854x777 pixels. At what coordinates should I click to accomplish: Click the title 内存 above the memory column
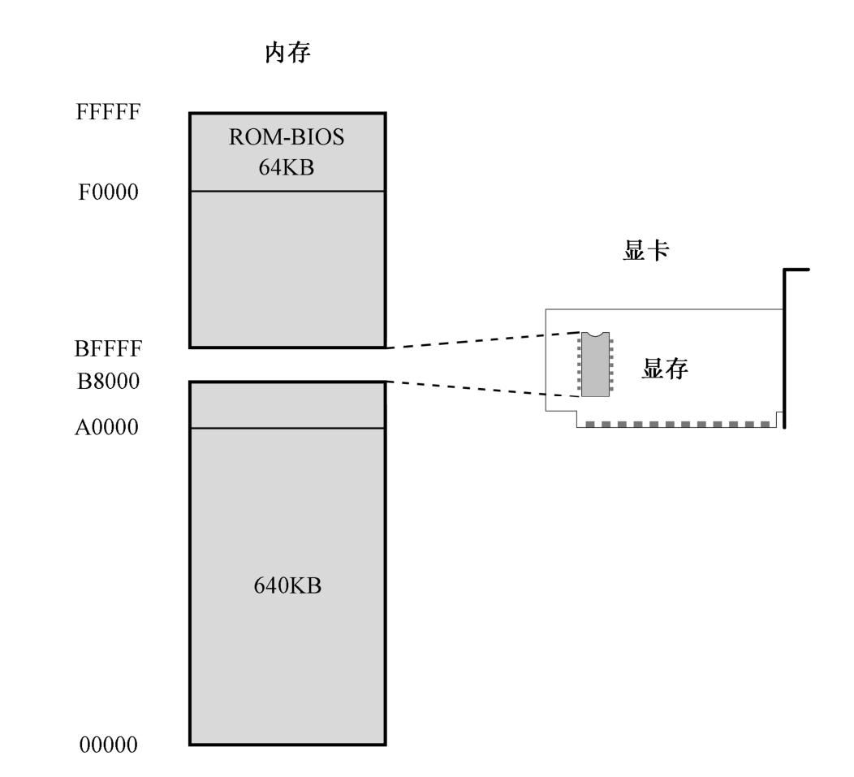point(287,55)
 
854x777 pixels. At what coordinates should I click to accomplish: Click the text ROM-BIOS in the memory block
point(287,137)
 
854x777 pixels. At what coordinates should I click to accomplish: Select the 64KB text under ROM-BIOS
point(287,167)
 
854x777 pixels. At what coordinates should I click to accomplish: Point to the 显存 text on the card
point(665,369)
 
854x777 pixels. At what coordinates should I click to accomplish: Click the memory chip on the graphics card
point(594,364)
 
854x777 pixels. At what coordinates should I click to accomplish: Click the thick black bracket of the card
point(785,349)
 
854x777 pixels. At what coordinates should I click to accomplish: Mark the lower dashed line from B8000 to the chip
point(483,389)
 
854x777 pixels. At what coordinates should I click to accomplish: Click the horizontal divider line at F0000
point(287,192)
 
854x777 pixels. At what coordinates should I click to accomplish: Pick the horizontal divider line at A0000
point(287,428)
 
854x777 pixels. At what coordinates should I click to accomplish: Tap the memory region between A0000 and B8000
point(287,405)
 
